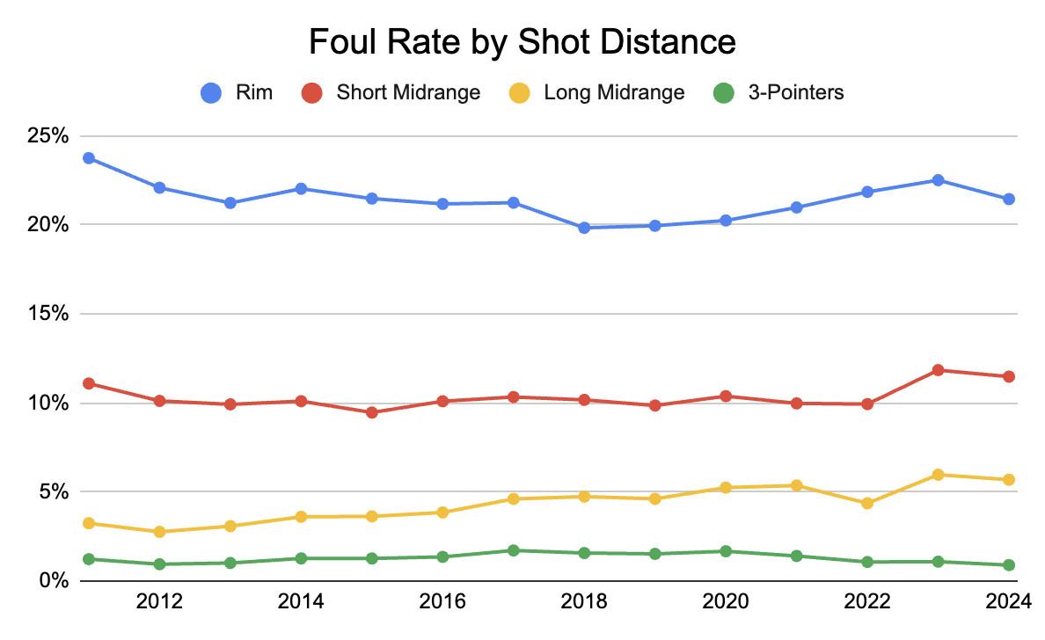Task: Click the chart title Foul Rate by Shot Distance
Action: pos(522,41)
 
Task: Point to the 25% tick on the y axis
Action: pos(47,136)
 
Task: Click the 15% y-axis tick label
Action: pos(47,314)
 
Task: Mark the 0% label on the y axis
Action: pos(53,581)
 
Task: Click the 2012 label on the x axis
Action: pos(159,601)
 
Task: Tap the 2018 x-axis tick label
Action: pos(584,601)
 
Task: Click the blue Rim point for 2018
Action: pos(584,228)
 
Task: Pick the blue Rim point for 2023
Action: pos(938,180)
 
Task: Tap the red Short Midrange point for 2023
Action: pos(938,370)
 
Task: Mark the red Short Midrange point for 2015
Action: pos(372,412)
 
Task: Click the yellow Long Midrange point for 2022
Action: pos(867,504)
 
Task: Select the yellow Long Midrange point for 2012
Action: pos(159,532)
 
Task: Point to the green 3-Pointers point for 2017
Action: pos(514,550)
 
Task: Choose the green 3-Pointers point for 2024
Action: pos(1008,565)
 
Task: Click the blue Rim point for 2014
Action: pos(301,188)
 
